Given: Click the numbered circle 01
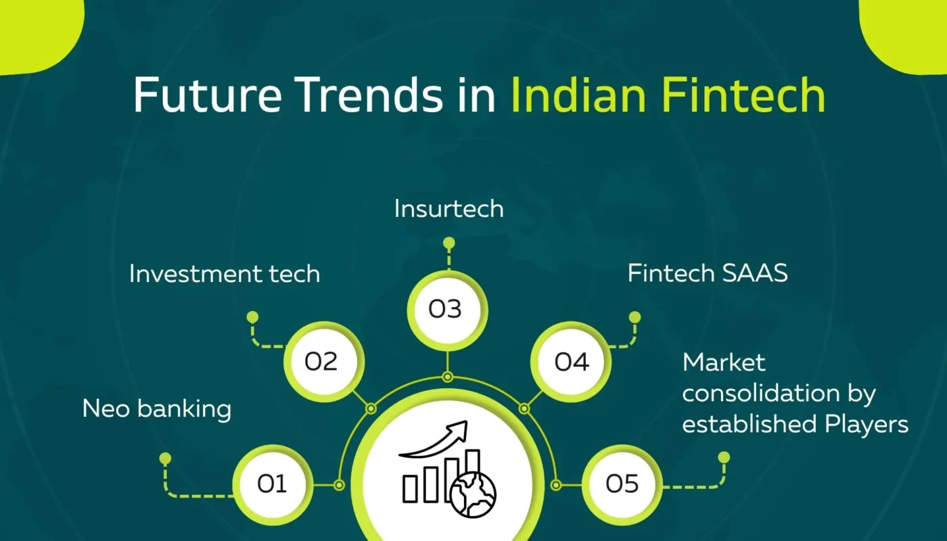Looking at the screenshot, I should (x=273, y=484).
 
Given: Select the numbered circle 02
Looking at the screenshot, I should (x=321, y=362).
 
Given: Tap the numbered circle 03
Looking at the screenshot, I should (x=446, y=309).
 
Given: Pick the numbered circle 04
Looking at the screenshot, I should (x=571, y=362).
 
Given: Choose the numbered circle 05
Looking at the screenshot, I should (x=622, y=484).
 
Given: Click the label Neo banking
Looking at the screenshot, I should (x=156, y=409).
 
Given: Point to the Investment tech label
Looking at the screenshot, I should (x=224, y=274).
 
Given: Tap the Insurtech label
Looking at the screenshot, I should (x=448, y=208).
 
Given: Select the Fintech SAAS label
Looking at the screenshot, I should (x=708, y=273).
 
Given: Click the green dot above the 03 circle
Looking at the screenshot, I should (x=448, y=243).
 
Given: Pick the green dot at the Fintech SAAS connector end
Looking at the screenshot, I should (x=634, y=316).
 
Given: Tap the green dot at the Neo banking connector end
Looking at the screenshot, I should (x=165, y=458).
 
